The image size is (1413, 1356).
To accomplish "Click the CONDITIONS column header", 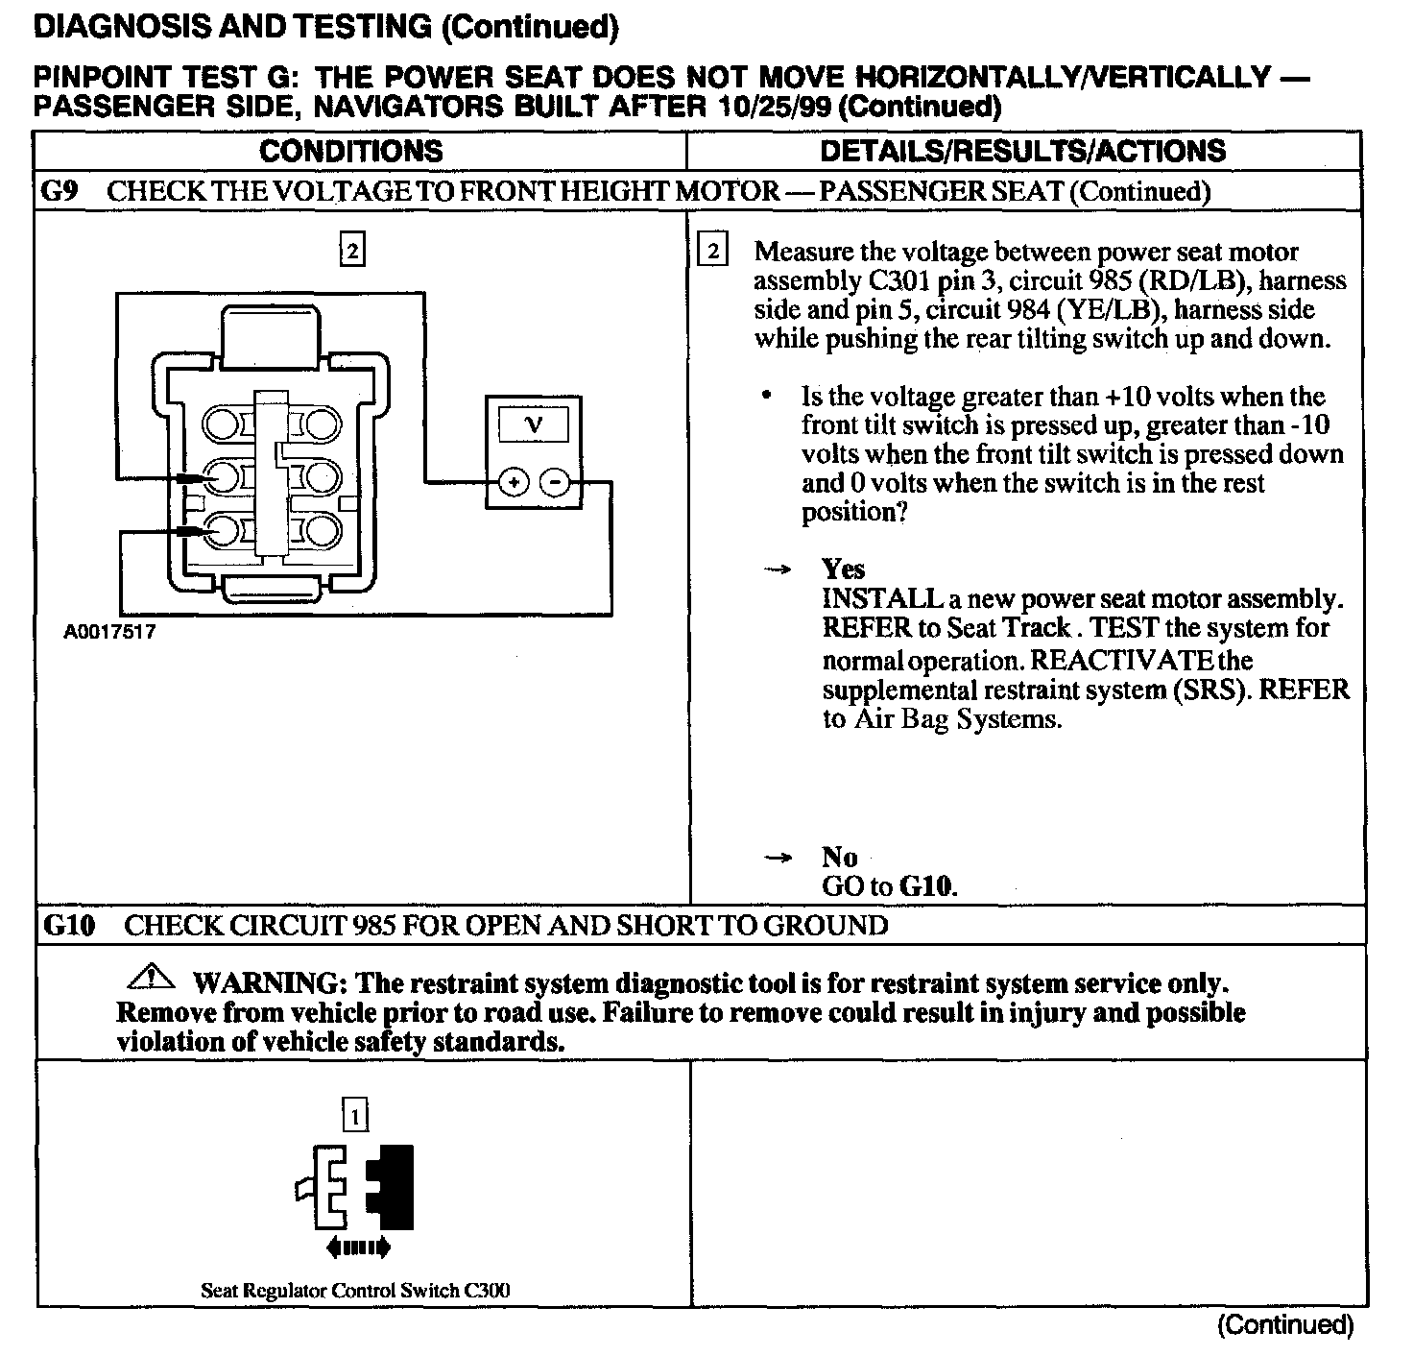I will [x=351, y=151].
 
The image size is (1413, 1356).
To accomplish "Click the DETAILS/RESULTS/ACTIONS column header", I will [x=1022, y=151].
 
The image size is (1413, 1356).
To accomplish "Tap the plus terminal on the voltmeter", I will [x=514, y=482].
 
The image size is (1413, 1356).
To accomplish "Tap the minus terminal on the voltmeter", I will [x=555, y=482].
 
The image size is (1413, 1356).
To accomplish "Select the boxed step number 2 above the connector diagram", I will [x=352, y=252].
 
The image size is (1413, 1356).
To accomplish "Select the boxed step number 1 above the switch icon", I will [x=355, y=1116].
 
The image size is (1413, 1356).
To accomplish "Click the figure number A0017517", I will [x=109, y=633].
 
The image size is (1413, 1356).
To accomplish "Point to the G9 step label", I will [x=60, y=191].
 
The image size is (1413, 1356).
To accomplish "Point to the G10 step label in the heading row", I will [x=69, y=926].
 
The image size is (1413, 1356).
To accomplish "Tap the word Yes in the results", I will [x=843, y=569].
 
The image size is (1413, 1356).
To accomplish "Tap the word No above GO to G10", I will [x=839, y=857].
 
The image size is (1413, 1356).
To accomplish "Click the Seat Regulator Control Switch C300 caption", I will [x=355, y=1291].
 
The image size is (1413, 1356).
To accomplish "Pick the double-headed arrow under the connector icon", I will [x=358, y=1247].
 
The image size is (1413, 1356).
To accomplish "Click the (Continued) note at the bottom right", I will [x=1285, y=1325].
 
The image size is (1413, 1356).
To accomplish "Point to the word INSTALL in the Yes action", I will [x=882, y=598].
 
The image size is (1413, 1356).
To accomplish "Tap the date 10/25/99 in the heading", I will [x=776, y=106].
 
